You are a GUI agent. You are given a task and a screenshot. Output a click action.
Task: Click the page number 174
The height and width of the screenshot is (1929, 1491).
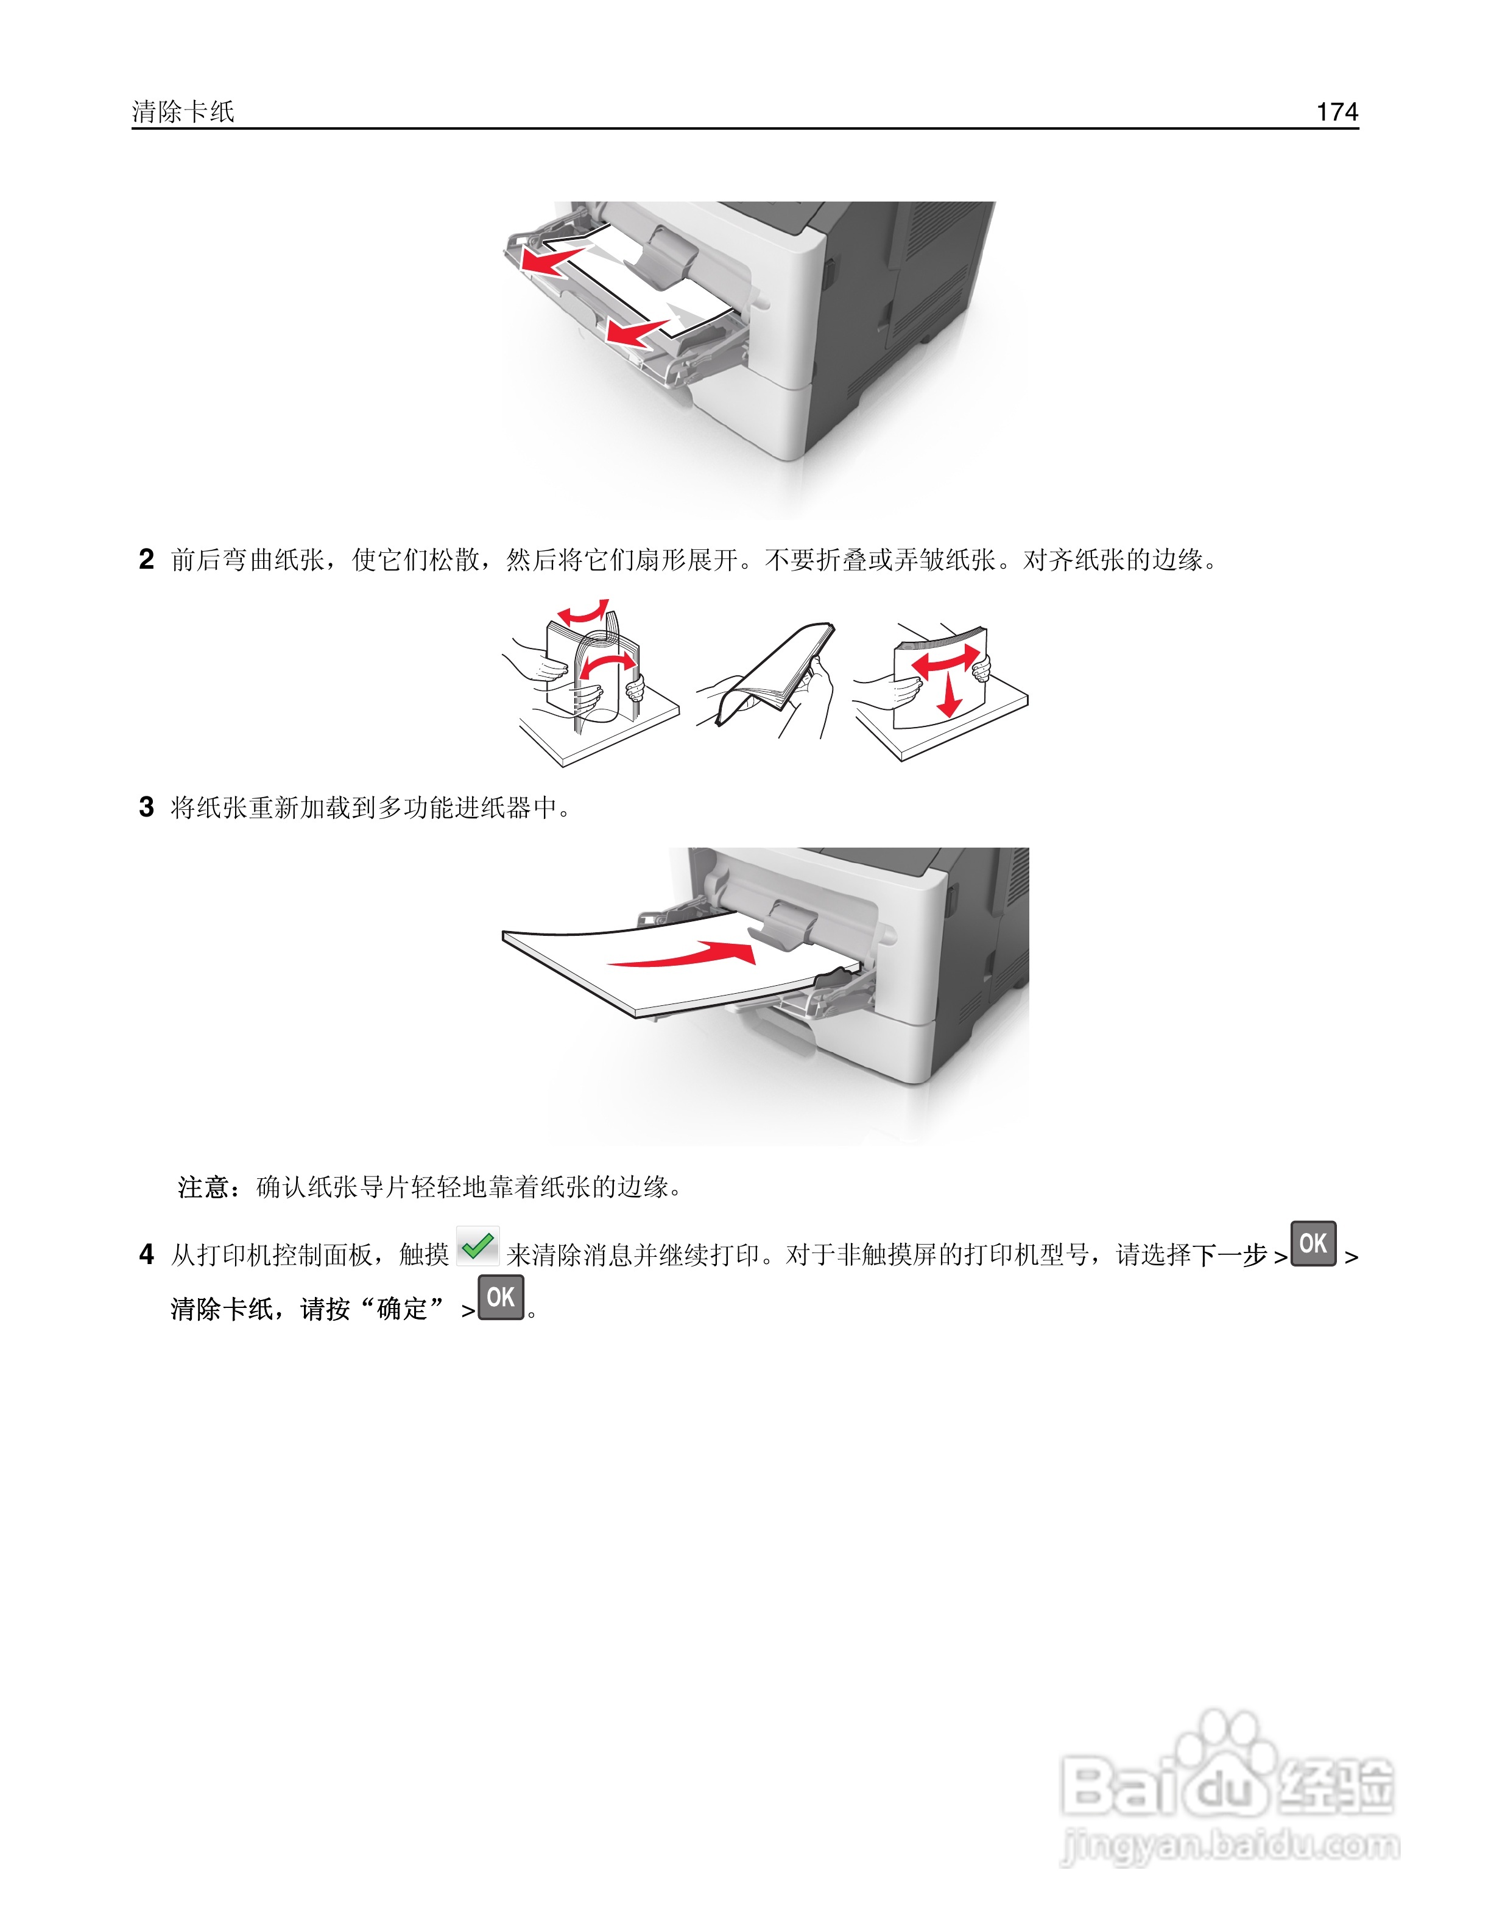pos(1336,111)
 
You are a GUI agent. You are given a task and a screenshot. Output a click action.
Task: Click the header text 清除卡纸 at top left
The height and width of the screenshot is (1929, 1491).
pos(183,111)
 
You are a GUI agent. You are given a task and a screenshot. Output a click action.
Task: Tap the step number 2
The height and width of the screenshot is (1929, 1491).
pos(147,559)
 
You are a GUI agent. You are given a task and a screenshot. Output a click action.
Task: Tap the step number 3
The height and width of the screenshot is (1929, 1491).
pos(147,806)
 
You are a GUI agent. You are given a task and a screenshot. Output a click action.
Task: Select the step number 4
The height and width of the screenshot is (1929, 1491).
pos(147,1254)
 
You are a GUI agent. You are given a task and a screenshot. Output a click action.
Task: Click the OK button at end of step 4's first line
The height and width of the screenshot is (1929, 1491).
pos(1313,1243)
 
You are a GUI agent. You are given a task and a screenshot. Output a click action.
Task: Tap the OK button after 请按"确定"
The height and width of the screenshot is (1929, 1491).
pos(501,1296)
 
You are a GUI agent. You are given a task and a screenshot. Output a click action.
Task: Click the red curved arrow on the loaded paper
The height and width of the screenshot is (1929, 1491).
pos(689,955)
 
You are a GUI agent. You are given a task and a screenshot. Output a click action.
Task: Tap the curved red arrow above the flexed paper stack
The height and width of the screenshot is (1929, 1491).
pos(583,612)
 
